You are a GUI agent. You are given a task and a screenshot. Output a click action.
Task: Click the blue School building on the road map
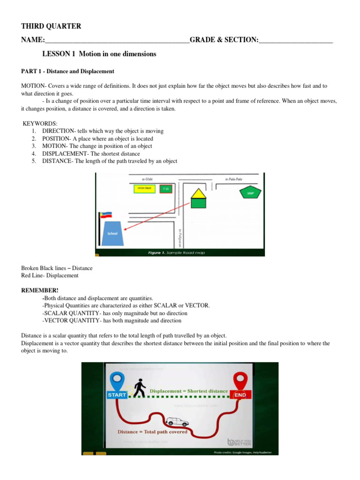point(112,233)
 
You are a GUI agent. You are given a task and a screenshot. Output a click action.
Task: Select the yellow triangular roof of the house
point(199,193)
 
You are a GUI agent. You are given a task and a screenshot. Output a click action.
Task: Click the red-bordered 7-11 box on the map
point(165,189)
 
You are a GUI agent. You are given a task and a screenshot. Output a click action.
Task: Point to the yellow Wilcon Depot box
point(144,188)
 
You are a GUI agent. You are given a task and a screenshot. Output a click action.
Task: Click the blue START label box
point(117,395)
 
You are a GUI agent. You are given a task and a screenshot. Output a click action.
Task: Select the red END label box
point(240,395)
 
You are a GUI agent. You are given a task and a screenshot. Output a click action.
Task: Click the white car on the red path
point(178,421)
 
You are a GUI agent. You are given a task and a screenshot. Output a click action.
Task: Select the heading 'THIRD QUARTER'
point(51,26)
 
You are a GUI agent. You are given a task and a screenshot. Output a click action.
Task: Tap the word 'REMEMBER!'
point(40,291)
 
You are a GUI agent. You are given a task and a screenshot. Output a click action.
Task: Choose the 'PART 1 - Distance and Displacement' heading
point(67,71)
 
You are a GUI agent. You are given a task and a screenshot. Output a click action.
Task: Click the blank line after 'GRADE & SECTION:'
point(295,41)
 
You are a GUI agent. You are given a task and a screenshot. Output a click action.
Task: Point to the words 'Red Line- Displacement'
point(50,276)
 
